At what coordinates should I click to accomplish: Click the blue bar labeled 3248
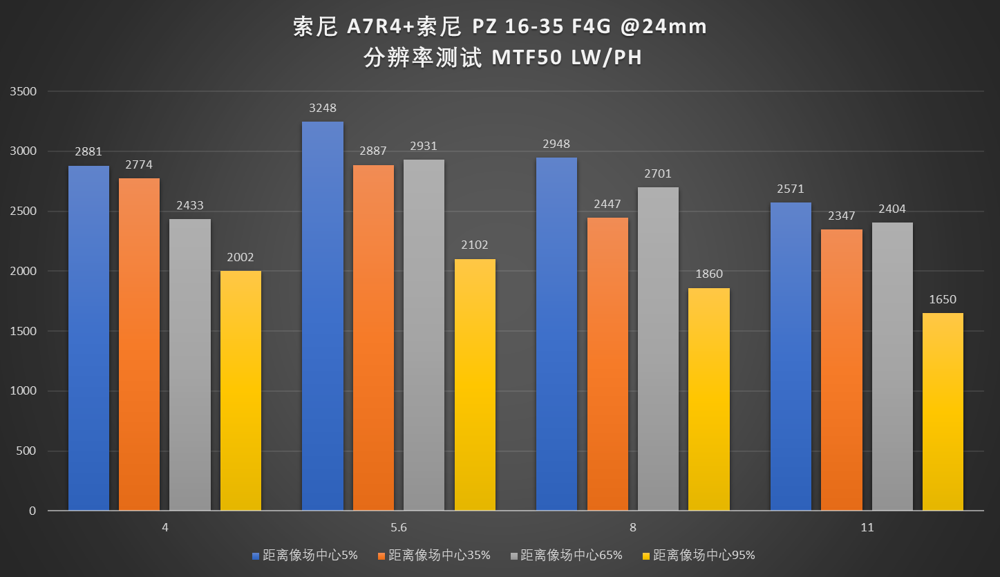323,316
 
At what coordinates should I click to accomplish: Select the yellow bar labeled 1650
943,412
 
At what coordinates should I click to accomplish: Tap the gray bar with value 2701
658,349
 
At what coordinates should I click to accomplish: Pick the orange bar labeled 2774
139,345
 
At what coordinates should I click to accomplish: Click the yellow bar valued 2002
240,391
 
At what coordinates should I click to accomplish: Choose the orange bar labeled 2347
842,370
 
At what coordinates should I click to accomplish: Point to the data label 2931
424,146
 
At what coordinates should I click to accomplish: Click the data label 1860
708,274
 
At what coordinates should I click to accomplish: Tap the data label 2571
791,189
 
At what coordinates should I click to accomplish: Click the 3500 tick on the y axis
23,91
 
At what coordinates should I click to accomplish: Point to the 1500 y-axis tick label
23,331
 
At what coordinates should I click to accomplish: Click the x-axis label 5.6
398,527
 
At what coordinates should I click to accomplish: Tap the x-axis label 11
867,527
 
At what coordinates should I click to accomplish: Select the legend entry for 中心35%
440,555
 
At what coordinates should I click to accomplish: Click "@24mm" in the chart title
663,27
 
